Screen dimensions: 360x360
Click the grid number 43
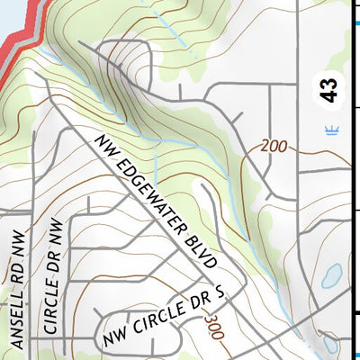[x=330, y=89]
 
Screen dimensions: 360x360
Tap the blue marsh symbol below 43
[x=331, y=130]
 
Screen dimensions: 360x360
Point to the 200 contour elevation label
[x=277, y=146]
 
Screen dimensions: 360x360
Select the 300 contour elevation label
[x=213, y=326]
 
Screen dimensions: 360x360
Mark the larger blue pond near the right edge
[x=330, y=275]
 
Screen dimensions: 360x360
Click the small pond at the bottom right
[x=329, y=343]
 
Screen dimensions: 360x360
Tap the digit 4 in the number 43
[x=330, y=95]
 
